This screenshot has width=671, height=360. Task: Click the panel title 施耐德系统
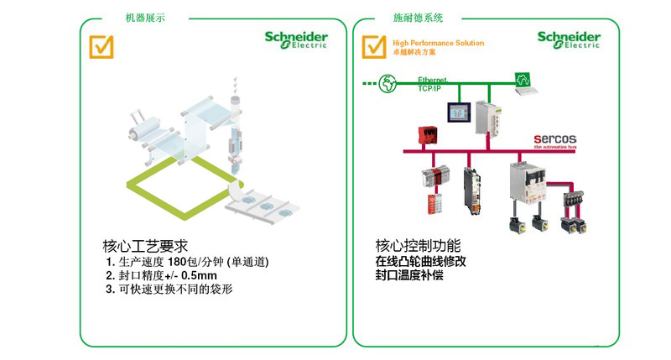pyautogui.click(x=418, y=18)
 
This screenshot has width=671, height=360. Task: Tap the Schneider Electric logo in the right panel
pyautogui.click(x=570, y=40)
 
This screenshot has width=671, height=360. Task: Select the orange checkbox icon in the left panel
pyautogui.click(x=101, y=45)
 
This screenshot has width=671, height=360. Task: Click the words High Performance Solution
pyautogui.click(x=438, y=42)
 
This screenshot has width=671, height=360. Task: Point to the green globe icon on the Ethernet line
pyautogui.click(x=388, y=82)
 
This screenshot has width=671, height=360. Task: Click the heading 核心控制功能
pyautogui.click(x=418, y=247)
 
